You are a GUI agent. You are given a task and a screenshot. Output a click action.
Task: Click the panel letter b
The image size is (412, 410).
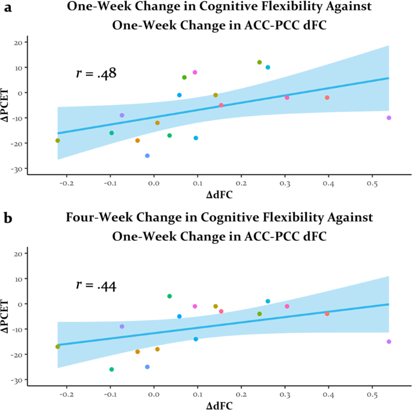[x=8, y=218]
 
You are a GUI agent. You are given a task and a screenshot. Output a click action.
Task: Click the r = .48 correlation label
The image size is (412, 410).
[x=96, y=74]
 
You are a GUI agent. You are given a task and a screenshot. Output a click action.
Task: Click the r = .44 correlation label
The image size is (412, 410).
[x=96, y=285]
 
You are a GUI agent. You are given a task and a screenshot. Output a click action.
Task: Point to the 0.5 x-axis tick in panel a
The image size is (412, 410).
[x=372, y=181]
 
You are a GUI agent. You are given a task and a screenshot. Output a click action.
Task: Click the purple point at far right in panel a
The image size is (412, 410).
[x=389, y=118]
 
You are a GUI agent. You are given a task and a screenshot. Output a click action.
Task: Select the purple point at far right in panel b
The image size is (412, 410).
[x=389, y=341]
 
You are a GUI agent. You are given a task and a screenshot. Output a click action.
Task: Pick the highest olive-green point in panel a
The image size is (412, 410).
[x=260, y=62]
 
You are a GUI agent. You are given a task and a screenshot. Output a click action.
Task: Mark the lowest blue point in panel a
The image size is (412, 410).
[x=147, y=156]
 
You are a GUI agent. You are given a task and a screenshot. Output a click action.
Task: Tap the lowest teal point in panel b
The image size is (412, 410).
[x=111, y=370]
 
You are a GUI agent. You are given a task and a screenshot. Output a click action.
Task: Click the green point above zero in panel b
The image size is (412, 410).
[x=170, y=296]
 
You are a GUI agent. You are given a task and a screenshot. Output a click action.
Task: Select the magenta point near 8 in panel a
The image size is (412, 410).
[x=195, y=72]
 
